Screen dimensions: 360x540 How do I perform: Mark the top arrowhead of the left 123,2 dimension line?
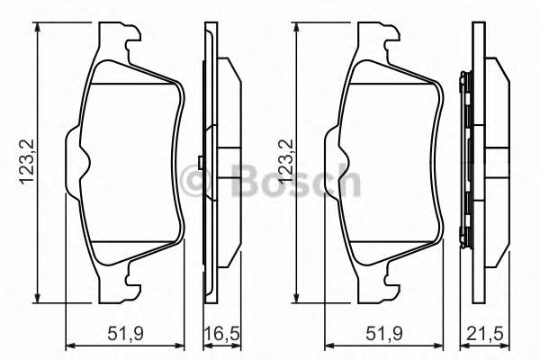37,28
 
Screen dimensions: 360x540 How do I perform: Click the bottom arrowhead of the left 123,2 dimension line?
37,300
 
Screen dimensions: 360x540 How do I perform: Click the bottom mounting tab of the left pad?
121,283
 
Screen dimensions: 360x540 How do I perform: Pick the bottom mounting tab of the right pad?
380,283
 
